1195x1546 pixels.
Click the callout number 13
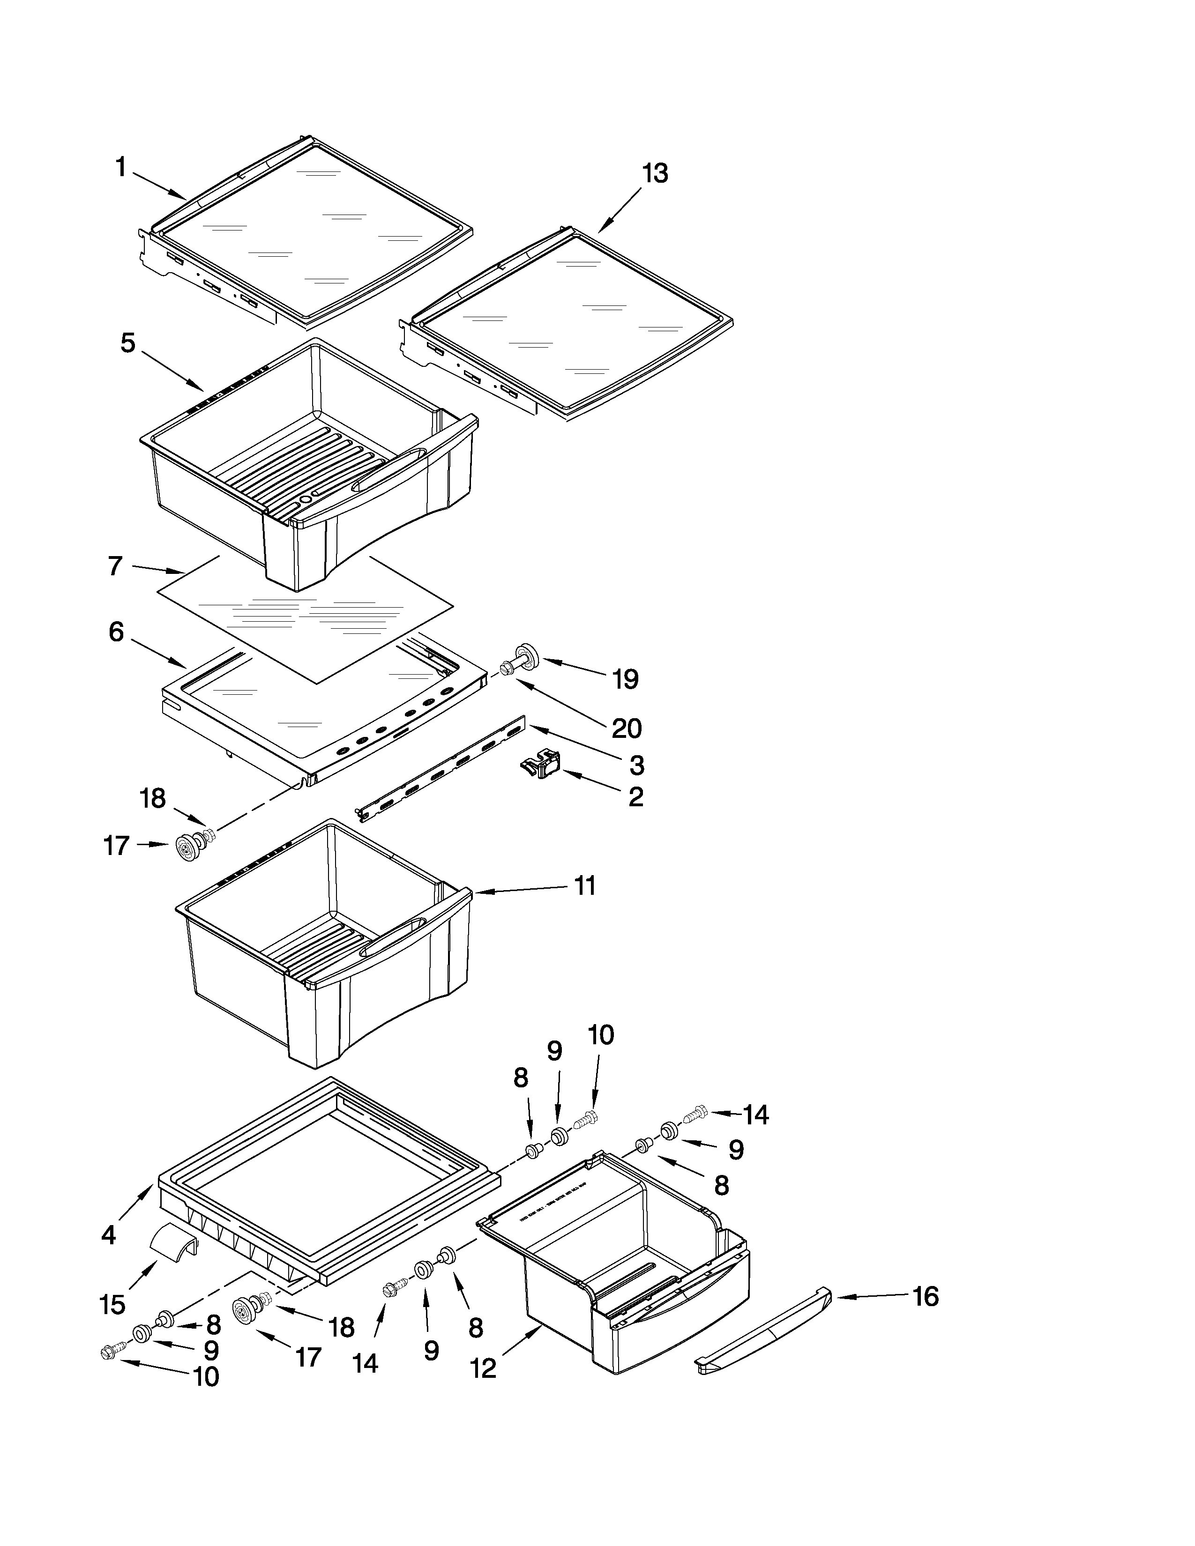click(655, 173)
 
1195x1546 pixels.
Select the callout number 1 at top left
click(120, 168)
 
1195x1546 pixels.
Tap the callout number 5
click(127, 343)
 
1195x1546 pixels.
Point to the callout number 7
click(115, 566)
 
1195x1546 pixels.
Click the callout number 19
click(625, 680)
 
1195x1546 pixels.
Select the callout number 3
click(636, 765)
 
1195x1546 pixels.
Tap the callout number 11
click(585, 885)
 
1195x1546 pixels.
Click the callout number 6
click(116, 632)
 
